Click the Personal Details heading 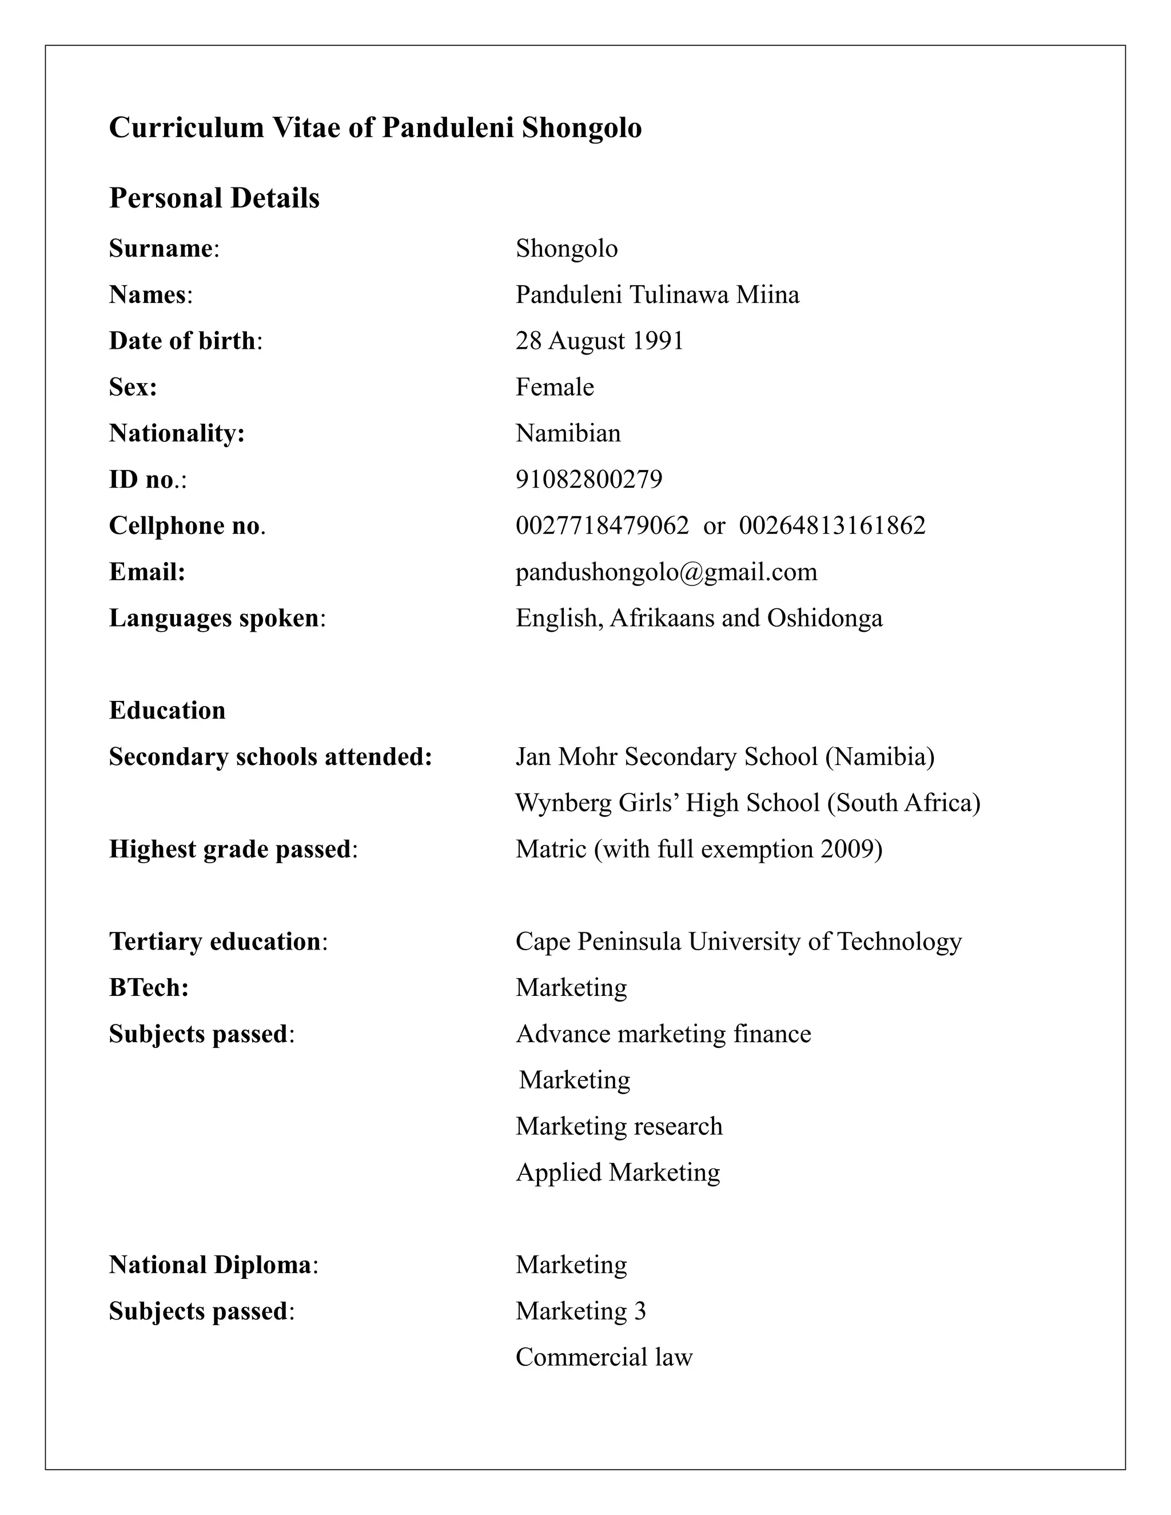(214, 198)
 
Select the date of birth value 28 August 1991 (599, 341)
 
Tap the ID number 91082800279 (589, 479)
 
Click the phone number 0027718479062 (602, 526)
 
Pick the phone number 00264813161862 (832, 526)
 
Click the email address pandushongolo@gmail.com (666, 572)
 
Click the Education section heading (167, 710)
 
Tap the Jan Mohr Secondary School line (725, 757)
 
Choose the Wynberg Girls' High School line (747, 803)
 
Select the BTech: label (149, 988)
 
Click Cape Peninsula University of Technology (738, 942)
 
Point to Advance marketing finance (663, 1034)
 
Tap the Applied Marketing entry (618, 1173)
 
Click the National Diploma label (209, 1265)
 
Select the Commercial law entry (604, 1358)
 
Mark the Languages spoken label (214, 618)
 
